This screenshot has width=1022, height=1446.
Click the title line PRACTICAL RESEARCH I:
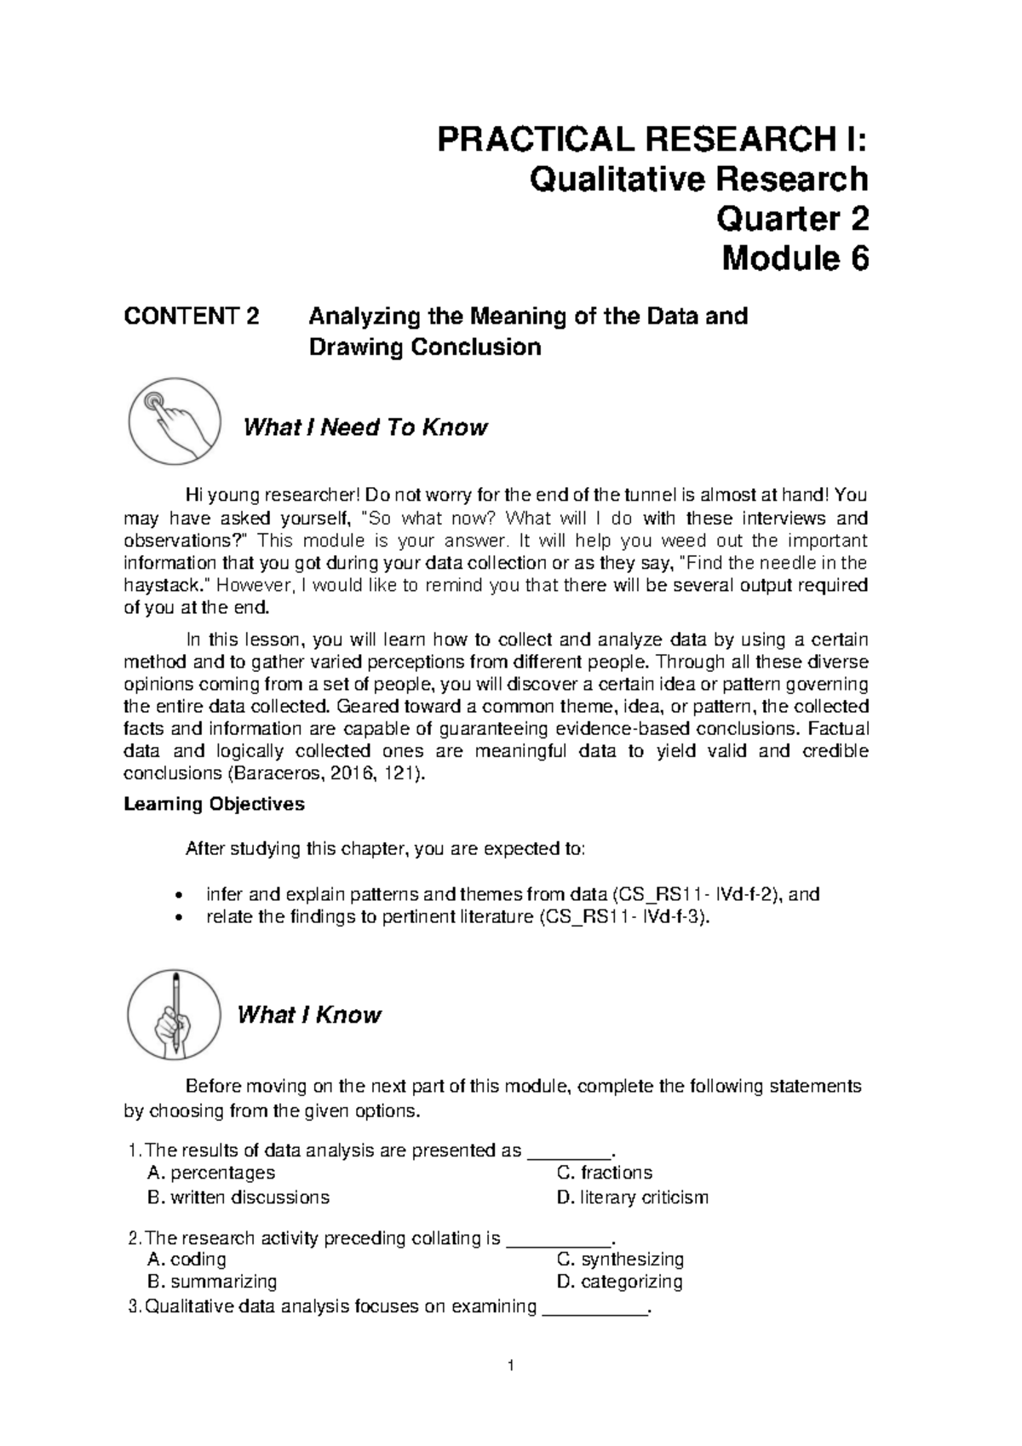click(x=652, y=140)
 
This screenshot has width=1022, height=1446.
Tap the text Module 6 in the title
click(x=795, y=259)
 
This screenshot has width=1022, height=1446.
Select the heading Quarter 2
click(x=793, y=220)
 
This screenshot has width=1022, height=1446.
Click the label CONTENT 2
click(x=191, y=317)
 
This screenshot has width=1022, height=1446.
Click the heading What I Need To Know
click(x=365, y=427)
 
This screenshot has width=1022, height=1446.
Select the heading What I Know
click(x=309, y=1015)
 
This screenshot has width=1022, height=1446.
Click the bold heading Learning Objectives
click(x=214, y=804)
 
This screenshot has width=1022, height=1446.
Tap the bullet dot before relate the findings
click(x=177, y=918)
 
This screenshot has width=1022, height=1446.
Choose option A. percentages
click(x=211, y=1173)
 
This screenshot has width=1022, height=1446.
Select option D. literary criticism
click(x=632, y=1197)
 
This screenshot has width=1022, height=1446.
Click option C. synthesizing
click(x=620, y=1259)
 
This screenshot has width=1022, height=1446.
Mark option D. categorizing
click(x=619, y=1282)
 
